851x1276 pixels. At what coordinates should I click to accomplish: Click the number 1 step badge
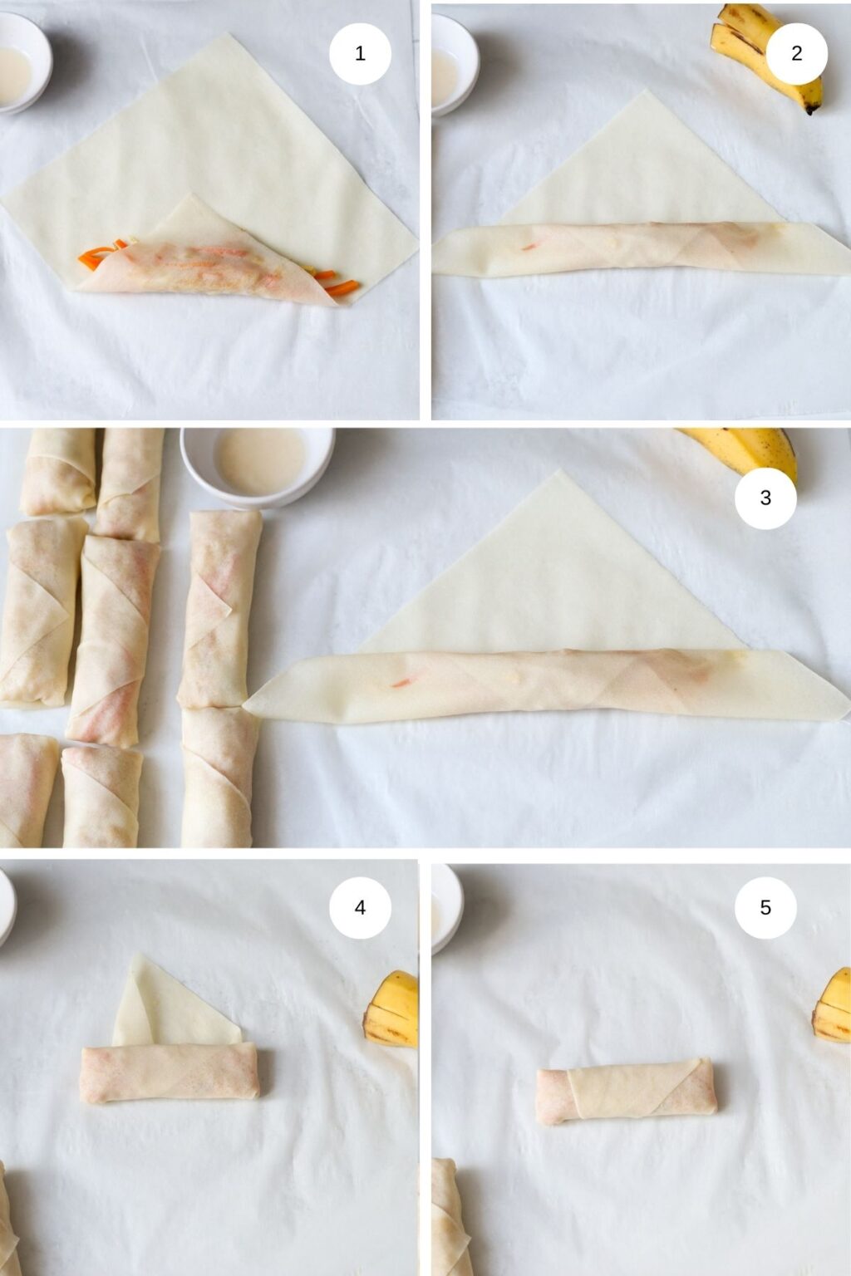360,54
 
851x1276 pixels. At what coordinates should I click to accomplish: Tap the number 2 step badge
796,54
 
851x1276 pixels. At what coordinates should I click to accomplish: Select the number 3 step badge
765,498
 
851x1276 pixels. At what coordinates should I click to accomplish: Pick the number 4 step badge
360,907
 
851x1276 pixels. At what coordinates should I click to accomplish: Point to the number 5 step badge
765,907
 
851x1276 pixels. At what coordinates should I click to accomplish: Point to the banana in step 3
748,449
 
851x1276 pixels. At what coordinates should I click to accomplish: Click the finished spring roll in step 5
626,1090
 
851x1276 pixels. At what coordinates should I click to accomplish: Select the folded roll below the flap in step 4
170,1073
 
